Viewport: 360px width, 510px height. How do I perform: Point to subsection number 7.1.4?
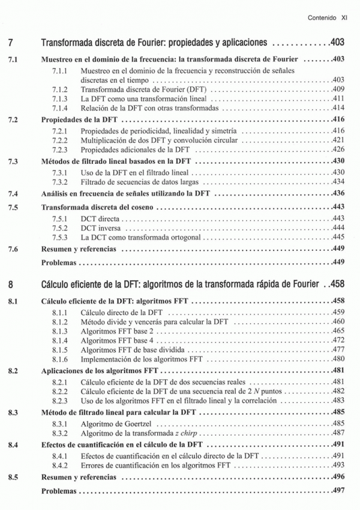point(60,107)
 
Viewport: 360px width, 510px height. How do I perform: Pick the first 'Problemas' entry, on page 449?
point(60,262)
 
